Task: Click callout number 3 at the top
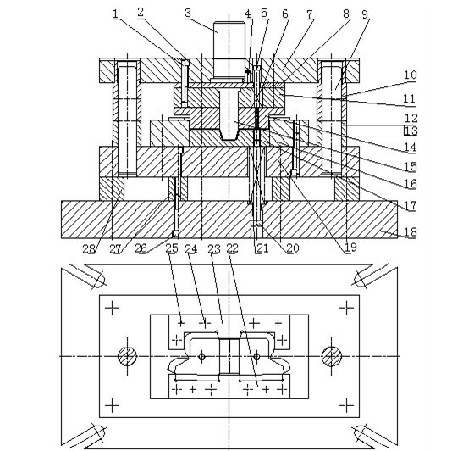coord(188,13)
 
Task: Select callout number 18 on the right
coord(411,231)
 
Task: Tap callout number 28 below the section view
coord(89,248)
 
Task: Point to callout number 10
coord(411,75)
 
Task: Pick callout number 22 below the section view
coord(232,248)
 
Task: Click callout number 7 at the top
coord(310,14)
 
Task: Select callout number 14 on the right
coord(411,148)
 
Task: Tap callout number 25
coord(172,248)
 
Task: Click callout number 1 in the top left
coord(116,14)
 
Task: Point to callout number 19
coord(350,248)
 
